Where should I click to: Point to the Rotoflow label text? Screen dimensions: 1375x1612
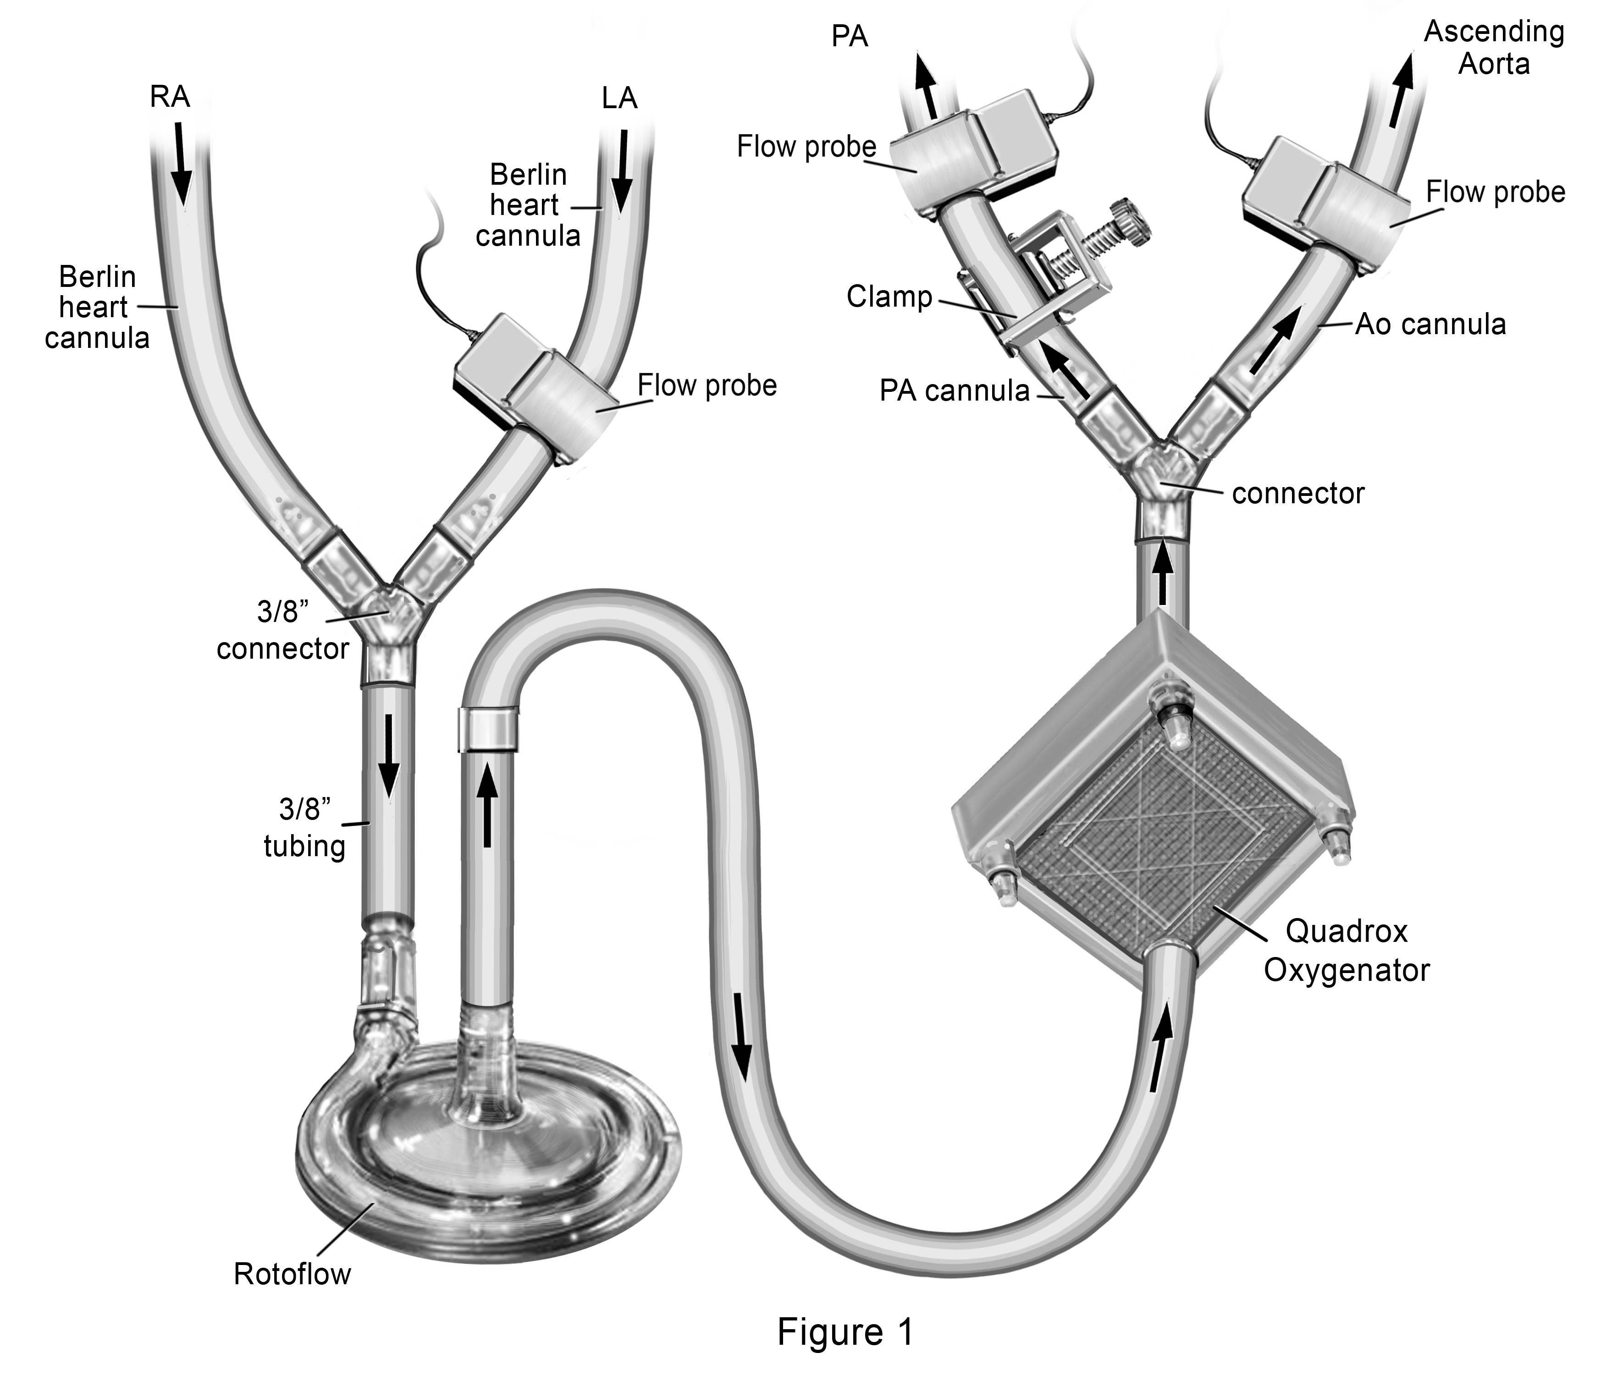[x=293, y=1274]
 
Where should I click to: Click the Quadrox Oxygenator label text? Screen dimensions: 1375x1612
[x=1346, y=951]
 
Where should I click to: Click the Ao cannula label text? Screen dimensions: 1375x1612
[x=1430, y=324]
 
